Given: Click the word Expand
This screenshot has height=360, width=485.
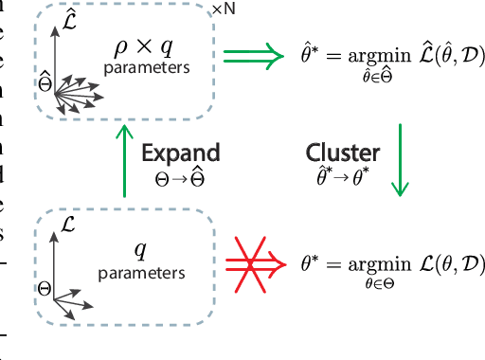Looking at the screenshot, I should click(x=181, y=153).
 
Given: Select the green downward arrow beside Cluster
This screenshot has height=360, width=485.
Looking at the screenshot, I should click(x=400, y=161).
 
